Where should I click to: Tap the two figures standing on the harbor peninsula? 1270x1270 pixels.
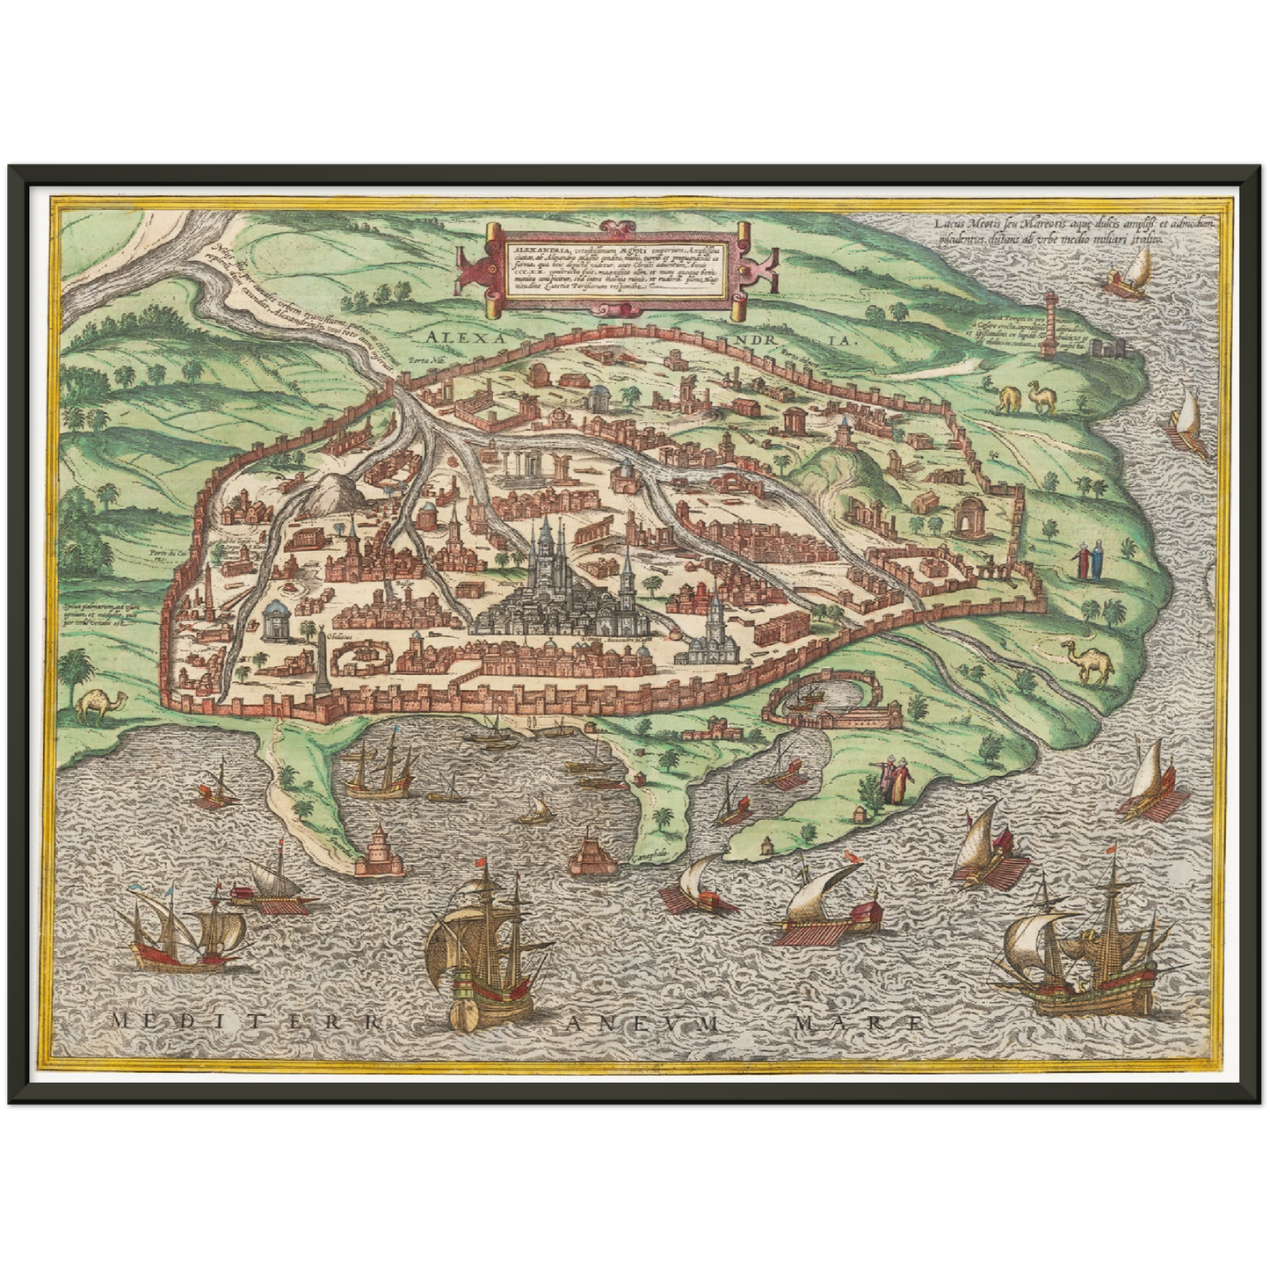[895, 779]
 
